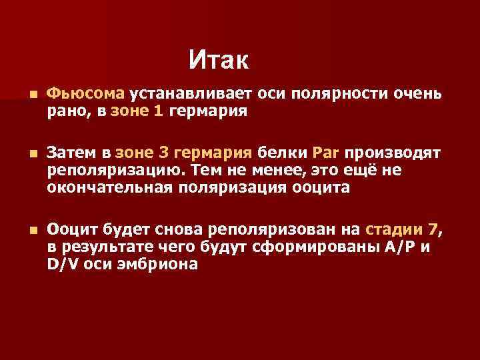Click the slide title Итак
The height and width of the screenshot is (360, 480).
[x=218, y=61]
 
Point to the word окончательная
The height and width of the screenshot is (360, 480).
[x=110, y=188]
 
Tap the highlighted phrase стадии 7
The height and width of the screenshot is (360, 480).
[x=402, y=231]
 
